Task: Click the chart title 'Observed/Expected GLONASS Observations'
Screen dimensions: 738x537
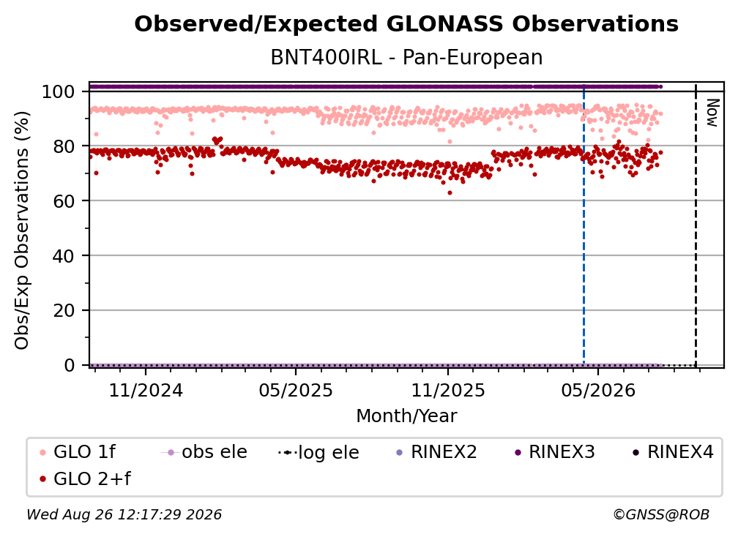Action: tap(406, 24)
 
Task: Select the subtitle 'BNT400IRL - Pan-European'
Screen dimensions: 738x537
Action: tap(406, 57)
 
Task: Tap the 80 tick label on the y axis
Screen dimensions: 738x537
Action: tap(64, 146)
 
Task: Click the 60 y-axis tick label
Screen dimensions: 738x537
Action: tap(64, 200)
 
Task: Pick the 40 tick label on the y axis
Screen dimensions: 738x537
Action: tap(64, 256)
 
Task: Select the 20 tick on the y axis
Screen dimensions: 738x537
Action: tap(64, 310)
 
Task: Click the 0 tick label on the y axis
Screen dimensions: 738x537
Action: tap(70, 365)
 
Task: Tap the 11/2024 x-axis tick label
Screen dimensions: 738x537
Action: tap(146, 390)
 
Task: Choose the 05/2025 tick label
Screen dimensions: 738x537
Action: tap(296, 390)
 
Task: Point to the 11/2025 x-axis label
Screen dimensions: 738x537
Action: tap(448, 390)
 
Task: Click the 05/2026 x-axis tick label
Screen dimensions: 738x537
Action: tap(597, 390)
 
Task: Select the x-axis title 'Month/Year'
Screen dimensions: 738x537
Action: tap(406, 416)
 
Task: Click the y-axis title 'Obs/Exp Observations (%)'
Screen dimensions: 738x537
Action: tap(22, 230)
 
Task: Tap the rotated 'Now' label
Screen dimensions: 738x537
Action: tap(712, 113)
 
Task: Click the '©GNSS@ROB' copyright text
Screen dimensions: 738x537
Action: tap(661, 514)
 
